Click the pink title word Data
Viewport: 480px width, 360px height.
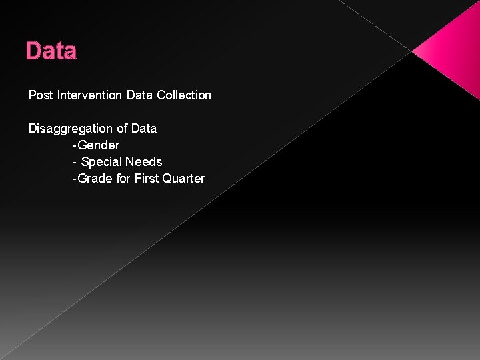tap(51, 51)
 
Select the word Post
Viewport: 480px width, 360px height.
tap(41, 95)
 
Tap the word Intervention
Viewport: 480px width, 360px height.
tap(89, 95)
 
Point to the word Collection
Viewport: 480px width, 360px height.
tap(184, 95)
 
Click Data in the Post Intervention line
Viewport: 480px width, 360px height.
tap(139, 95)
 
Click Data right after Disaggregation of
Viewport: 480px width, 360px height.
tap(143, 129)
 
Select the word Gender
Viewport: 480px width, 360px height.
tap(99, 145)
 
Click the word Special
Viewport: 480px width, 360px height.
tap(101, 162)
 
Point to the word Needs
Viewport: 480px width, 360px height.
tap(144, 162)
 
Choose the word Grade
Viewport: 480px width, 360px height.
tap(95, 179)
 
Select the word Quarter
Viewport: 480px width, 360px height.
tap(183, 179)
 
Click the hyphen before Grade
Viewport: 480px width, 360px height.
tap(75, 179)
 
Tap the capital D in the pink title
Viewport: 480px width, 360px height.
tap(33, 51)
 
